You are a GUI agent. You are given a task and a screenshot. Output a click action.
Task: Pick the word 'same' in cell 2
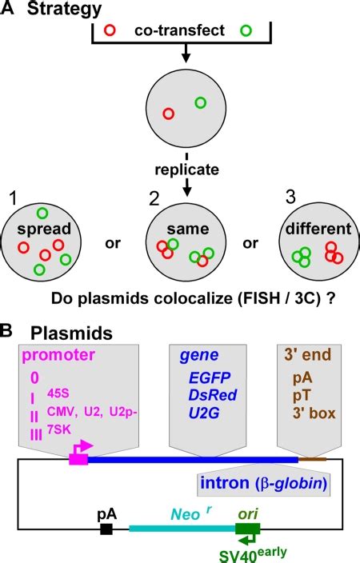click(182, 231)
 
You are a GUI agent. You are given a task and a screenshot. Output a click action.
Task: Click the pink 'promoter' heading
click(58, 355)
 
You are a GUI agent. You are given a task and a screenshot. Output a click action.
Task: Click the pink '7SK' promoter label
click(60, 427)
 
